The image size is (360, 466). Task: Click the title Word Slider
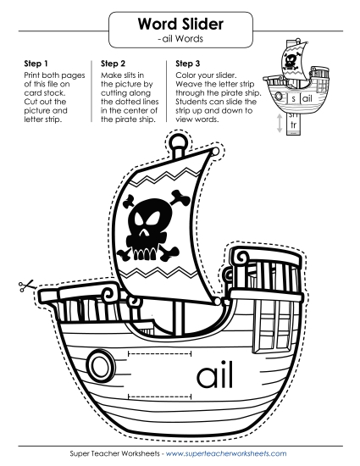[x=180, y=24]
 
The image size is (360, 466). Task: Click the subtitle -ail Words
[x=181, y=39]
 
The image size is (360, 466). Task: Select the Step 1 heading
[x=36, y=64]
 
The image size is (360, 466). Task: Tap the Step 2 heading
[x=113, y=64]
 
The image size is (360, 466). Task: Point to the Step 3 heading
[x=188, y=64]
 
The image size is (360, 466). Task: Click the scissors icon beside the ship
[x=26, y=286]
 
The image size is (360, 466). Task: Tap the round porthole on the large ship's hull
[x=99, y=365]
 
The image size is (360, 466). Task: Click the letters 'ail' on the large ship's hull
[x=214, y=374]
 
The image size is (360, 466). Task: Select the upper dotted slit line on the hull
[x=159, y=353]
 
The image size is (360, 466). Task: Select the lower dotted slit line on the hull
[x=159, y=397]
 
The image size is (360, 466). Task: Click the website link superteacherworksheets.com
[x=226, y=453]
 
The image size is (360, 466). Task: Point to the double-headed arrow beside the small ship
[x=280, y=123]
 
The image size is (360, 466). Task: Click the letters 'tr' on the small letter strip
[x=293, y=125]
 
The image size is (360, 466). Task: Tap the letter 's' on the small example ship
[x=293, y=98]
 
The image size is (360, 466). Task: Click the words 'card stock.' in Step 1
[x=45, y=92]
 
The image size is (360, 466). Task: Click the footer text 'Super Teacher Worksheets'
[x=114, y=453]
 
